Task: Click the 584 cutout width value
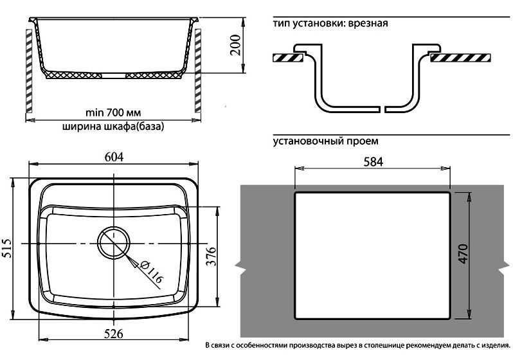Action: click(372, 161)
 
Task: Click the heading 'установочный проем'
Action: click(325, 140)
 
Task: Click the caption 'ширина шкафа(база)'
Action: click(113, 127)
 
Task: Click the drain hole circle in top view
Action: click(114, 243)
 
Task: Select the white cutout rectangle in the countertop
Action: click(372, 255)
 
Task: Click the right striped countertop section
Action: click(458, 58)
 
